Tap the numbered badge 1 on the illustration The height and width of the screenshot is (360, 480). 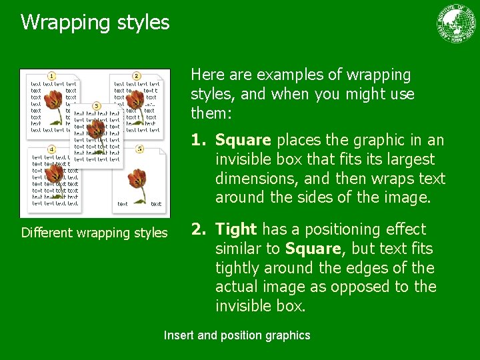(x=51, y=75)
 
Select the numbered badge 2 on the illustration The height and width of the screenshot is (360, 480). (x=136, y=76)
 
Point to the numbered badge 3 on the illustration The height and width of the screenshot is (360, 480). (x=97, y=106)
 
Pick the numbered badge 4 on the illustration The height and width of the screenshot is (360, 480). (x=51, y=148)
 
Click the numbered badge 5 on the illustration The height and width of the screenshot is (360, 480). (x=139, y=149)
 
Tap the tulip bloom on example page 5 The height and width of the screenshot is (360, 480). (x=138, y=178)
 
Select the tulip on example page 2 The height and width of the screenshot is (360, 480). (x=135, y=102)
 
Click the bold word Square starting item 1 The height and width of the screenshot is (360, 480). (x=243, y=141)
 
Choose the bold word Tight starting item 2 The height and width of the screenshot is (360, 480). (x=236, y=229)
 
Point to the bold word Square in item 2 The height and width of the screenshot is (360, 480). (x=311, y=249)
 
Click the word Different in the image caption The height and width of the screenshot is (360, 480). (x=47, y=233)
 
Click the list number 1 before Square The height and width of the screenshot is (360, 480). (x=199, y=141)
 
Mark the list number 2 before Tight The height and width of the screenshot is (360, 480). (x=199, y=229)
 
